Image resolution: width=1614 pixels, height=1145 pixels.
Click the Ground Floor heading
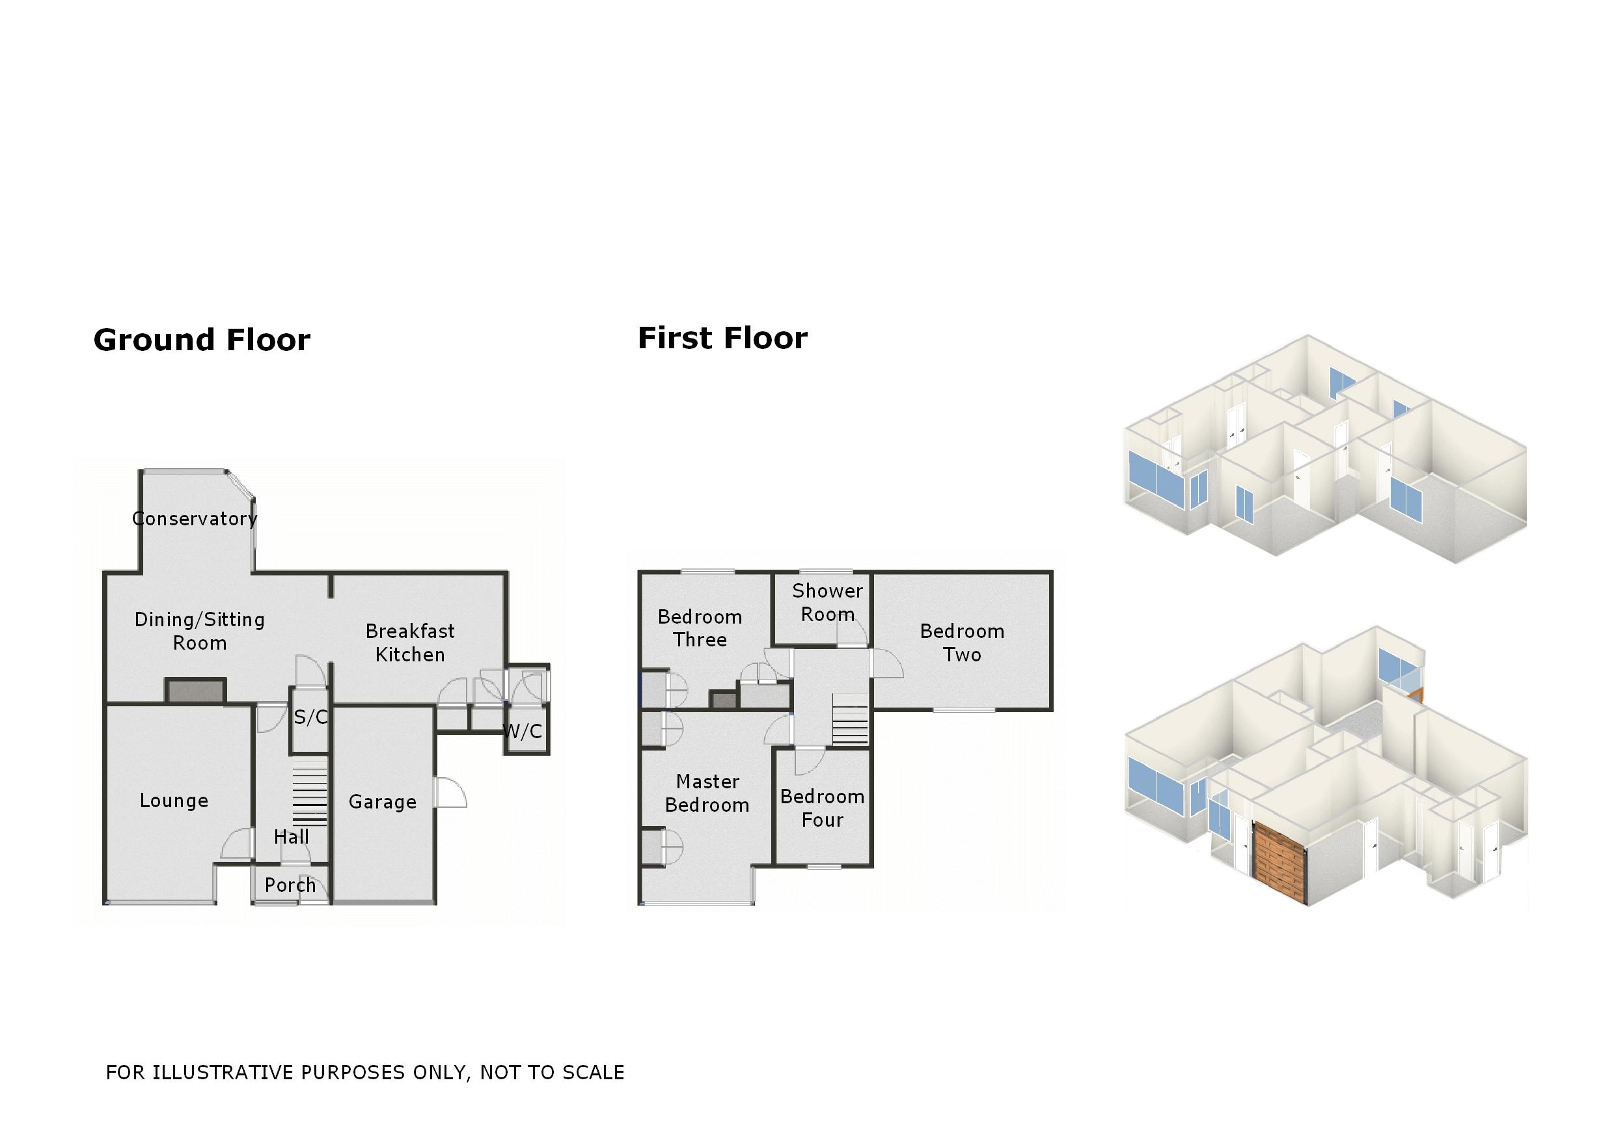point(202,340)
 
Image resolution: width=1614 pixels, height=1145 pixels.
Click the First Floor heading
point(722,338)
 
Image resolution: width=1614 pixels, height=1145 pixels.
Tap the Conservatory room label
point(195,519)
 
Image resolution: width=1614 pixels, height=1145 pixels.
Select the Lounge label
point(174,800)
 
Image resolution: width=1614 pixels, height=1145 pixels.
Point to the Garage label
point(383,802)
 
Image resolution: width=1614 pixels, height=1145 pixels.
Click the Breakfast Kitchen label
point(410,642)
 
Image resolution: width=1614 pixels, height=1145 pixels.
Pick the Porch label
point(290,885)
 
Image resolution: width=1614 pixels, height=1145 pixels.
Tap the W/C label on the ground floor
point(523,731)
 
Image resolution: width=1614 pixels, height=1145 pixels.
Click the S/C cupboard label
point(310,717)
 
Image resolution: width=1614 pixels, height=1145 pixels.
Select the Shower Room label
point(827,602)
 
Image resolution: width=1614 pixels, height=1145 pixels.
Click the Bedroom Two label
point(962,642)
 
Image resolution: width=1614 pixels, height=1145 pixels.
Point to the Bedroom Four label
point(823,808)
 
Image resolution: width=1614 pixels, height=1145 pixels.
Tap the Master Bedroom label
point(707,793)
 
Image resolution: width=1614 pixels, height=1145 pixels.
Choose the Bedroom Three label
point(700,628)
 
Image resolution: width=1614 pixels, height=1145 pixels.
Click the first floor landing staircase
point(851,719)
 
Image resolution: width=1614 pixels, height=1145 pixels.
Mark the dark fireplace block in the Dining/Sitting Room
point(196,691)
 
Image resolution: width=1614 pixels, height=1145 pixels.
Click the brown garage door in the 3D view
point(1280,862)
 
